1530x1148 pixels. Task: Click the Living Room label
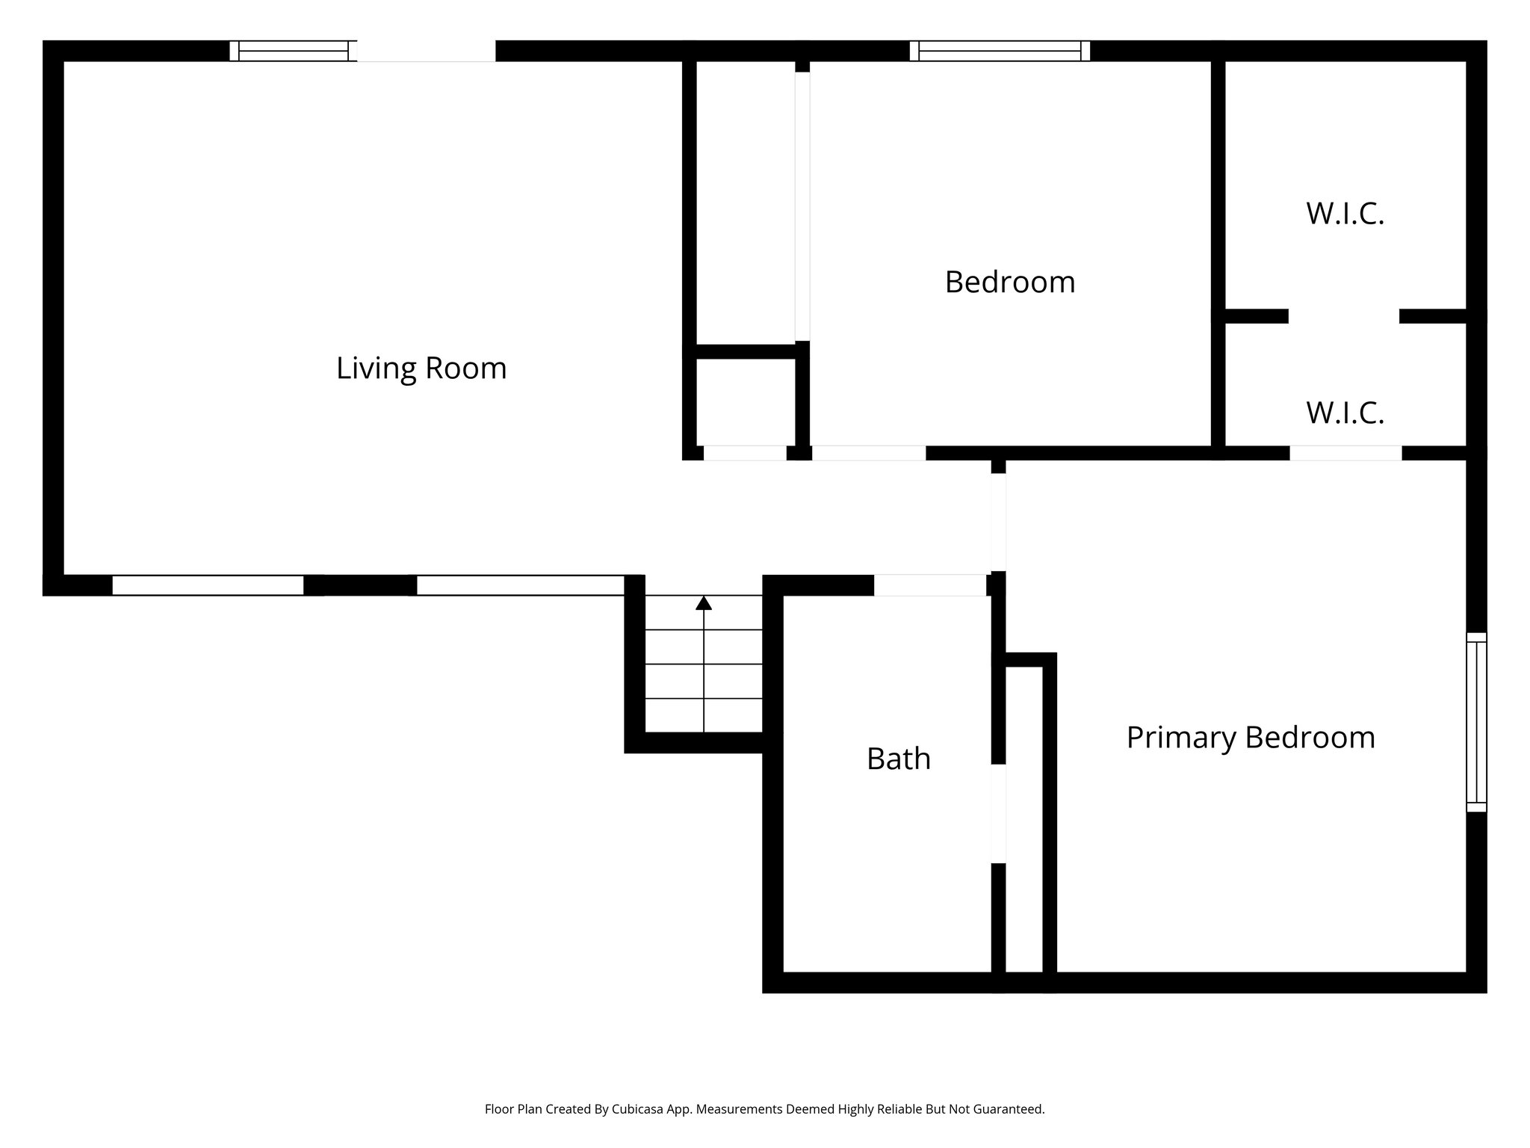pos(421,368)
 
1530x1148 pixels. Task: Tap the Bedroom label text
pos(1009,283)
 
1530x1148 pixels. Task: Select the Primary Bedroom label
pos(1250,738)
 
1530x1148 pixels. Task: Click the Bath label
pos(898,759)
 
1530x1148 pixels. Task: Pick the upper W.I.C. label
pos(1345,214)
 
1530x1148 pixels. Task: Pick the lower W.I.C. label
pos(1345,413)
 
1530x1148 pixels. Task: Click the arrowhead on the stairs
pos(704,603)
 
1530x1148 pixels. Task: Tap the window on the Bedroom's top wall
pos(1000,51)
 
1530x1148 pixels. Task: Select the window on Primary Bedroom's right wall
pos(1476,722)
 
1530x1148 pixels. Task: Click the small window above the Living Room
pos(293,51)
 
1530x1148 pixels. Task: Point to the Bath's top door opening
pos(930,585)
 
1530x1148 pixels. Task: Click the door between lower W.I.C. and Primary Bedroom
pos(1345,453)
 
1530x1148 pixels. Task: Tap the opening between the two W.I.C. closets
pos(1343,316)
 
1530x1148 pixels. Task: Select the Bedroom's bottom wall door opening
pos(869,453)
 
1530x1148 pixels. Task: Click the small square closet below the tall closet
pos(746,402)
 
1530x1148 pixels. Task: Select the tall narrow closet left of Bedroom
pos(746,202)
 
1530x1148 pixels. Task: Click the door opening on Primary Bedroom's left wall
pos(998,522)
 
